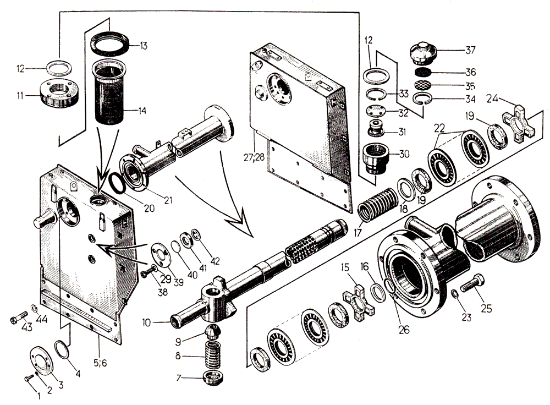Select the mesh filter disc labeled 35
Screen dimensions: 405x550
(x=423, y=85)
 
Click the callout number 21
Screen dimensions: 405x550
(x=168, y=200)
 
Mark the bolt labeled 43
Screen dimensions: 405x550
(x=18, y=319)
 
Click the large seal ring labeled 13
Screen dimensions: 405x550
(x=112, y=43)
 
